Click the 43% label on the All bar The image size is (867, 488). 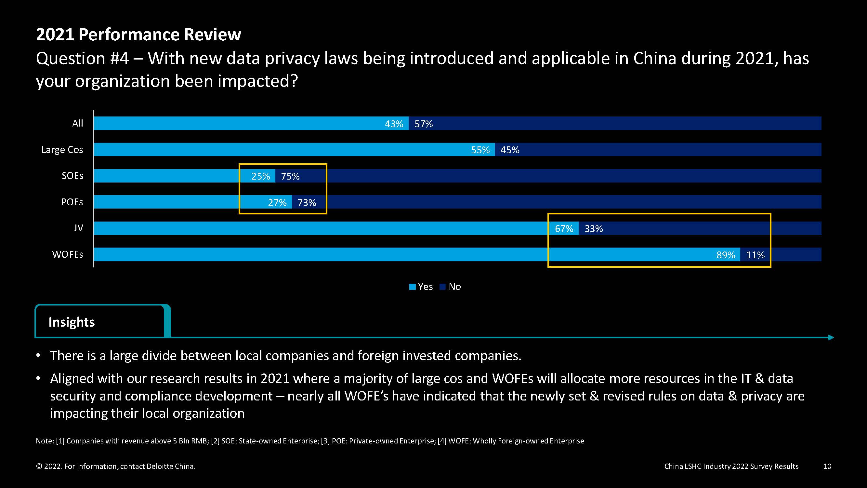[394, 124]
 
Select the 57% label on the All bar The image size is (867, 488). [423, 124]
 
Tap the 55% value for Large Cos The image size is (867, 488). [480, 150]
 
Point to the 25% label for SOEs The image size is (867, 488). [260, 176]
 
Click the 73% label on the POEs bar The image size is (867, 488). [307, 202]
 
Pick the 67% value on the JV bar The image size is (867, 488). [564, 229]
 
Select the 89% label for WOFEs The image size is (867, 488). [726, 255]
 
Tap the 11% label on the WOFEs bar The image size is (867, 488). [755, 255]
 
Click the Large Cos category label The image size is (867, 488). [62, 150]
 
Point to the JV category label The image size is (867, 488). [78, 228]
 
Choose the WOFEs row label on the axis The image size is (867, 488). [68, 254]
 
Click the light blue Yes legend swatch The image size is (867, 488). [412, 287]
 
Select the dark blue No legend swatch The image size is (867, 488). [442, 287]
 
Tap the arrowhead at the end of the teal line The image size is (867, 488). [831, 337]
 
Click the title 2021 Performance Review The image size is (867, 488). [138, 34]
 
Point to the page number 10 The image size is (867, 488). [827, 466]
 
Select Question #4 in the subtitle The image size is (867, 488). [82, 58]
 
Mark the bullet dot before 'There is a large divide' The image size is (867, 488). [39, 356]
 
